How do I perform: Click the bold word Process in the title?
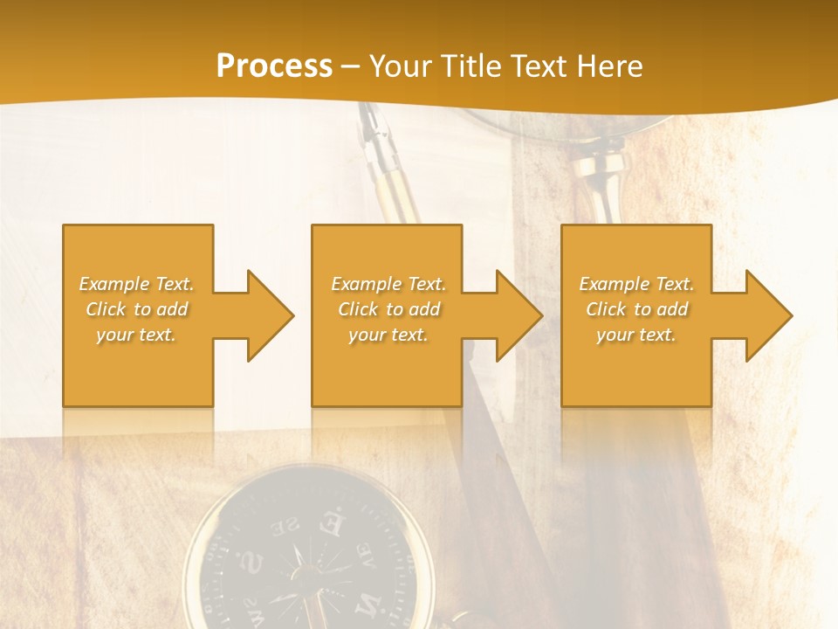coord(274,66)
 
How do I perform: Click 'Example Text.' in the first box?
coord(137,284)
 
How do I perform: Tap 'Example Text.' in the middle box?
coord(388,284)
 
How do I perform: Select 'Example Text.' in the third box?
coord(636,284)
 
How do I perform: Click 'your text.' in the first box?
coord(136,335)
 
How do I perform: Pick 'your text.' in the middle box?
coord(388,335)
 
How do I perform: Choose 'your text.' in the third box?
coord(635,335)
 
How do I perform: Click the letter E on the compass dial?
coord(333,525)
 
